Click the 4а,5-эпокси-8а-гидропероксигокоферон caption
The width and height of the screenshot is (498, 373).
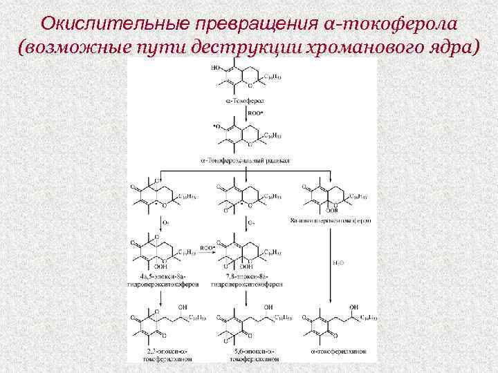pyautogui.click(x=161, y=280)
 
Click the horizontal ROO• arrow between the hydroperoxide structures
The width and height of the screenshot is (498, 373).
pyautogui.click(x=206, y=245)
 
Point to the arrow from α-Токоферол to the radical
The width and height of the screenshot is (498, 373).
pyautogui.click(x=238, y=113)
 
